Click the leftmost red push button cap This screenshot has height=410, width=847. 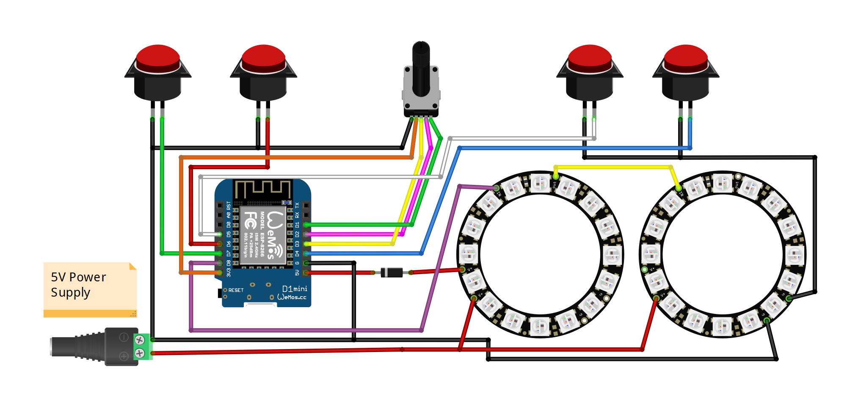(158, 58)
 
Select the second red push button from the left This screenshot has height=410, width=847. (263, 58)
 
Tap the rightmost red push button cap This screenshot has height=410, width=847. (686, 58)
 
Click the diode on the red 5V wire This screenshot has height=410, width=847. (392, 272)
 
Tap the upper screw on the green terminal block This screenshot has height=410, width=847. (140, 340)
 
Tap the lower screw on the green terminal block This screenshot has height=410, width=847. (140, 353)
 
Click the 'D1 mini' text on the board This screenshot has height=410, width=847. (295, 289)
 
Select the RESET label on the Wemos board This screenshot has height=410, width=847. (236, 290)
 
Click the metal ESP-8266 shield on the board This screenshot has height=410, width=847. (262, 235)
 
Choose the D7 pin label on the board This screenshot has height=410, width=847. (229, 253)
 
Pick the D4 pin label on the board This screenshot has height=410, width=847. (297, 253)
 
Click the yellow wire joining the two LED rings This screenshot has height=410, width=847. (614, 167)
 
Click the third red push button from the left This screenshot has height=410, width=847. (590, 58)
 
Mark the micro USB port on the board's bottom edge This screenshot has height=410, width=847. (259, 304)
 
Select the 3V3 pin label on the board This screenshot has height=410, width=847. (229, 272)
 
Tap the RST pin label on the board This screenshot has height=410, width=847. (229, 205)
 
